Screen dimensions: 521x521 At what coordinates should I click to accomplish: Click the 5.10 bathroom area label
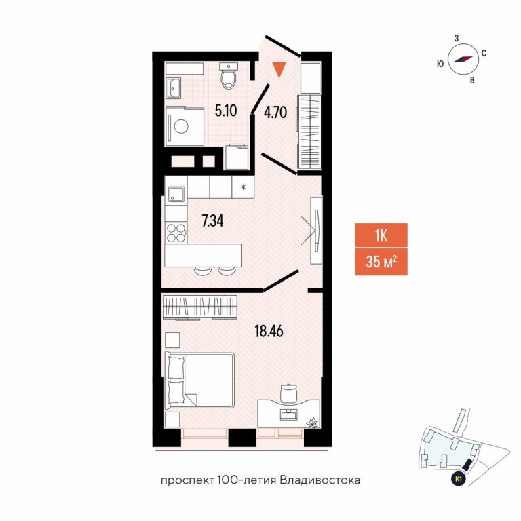[x=226, y=111]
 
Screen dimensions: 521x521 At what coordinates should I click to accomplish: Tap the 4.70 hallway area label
[x=275, y=113]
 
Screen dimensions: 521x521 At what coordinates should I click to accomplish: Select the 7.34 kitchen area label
[x=212, y=220]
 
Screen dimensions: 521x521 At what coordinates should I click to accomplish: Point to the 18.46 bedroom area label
[x=269, y=331]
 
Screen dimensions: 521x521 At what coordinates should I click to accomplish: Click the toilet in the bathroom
[x=228, y=75]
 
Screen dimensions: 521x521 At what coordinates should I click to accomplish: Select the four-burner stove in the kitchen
[x=176, y=233]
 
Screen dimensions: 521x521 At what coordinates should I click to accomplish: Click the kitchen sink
[x=176, y=194]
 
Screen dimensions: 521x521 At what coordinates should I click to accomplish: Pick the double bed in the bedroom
[x=199, y=380]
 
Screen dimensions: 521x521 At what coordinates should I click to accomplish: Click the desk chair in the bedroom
[x=288, y=393]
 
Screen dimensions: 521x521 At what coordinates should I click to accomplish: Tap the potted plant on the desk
[x=313, y=423]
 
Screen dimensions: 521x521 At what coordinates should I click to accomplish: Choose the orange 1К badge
[x=381, y=235]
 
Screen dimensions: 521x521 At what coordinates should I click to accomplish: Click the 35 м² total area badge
[x=381, y=262]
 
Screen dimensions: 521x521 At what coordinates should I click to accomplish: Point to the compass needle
[x=463, y=59]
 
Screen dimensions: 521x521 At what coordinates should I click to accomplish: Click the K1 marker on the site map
[x=459, y=479]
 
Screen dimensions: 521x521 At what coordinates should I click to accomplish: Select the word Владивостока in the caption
[x=320, y=480]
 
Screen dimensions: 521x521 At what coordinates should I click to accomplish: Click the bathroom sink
[x=174, y=88]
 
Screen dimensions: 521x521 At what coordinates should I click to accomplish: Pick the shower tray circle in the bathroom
[x=181, y=127]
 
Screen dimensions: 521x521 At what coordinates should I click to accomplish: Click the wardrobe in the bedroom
[x=201, y=307]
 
